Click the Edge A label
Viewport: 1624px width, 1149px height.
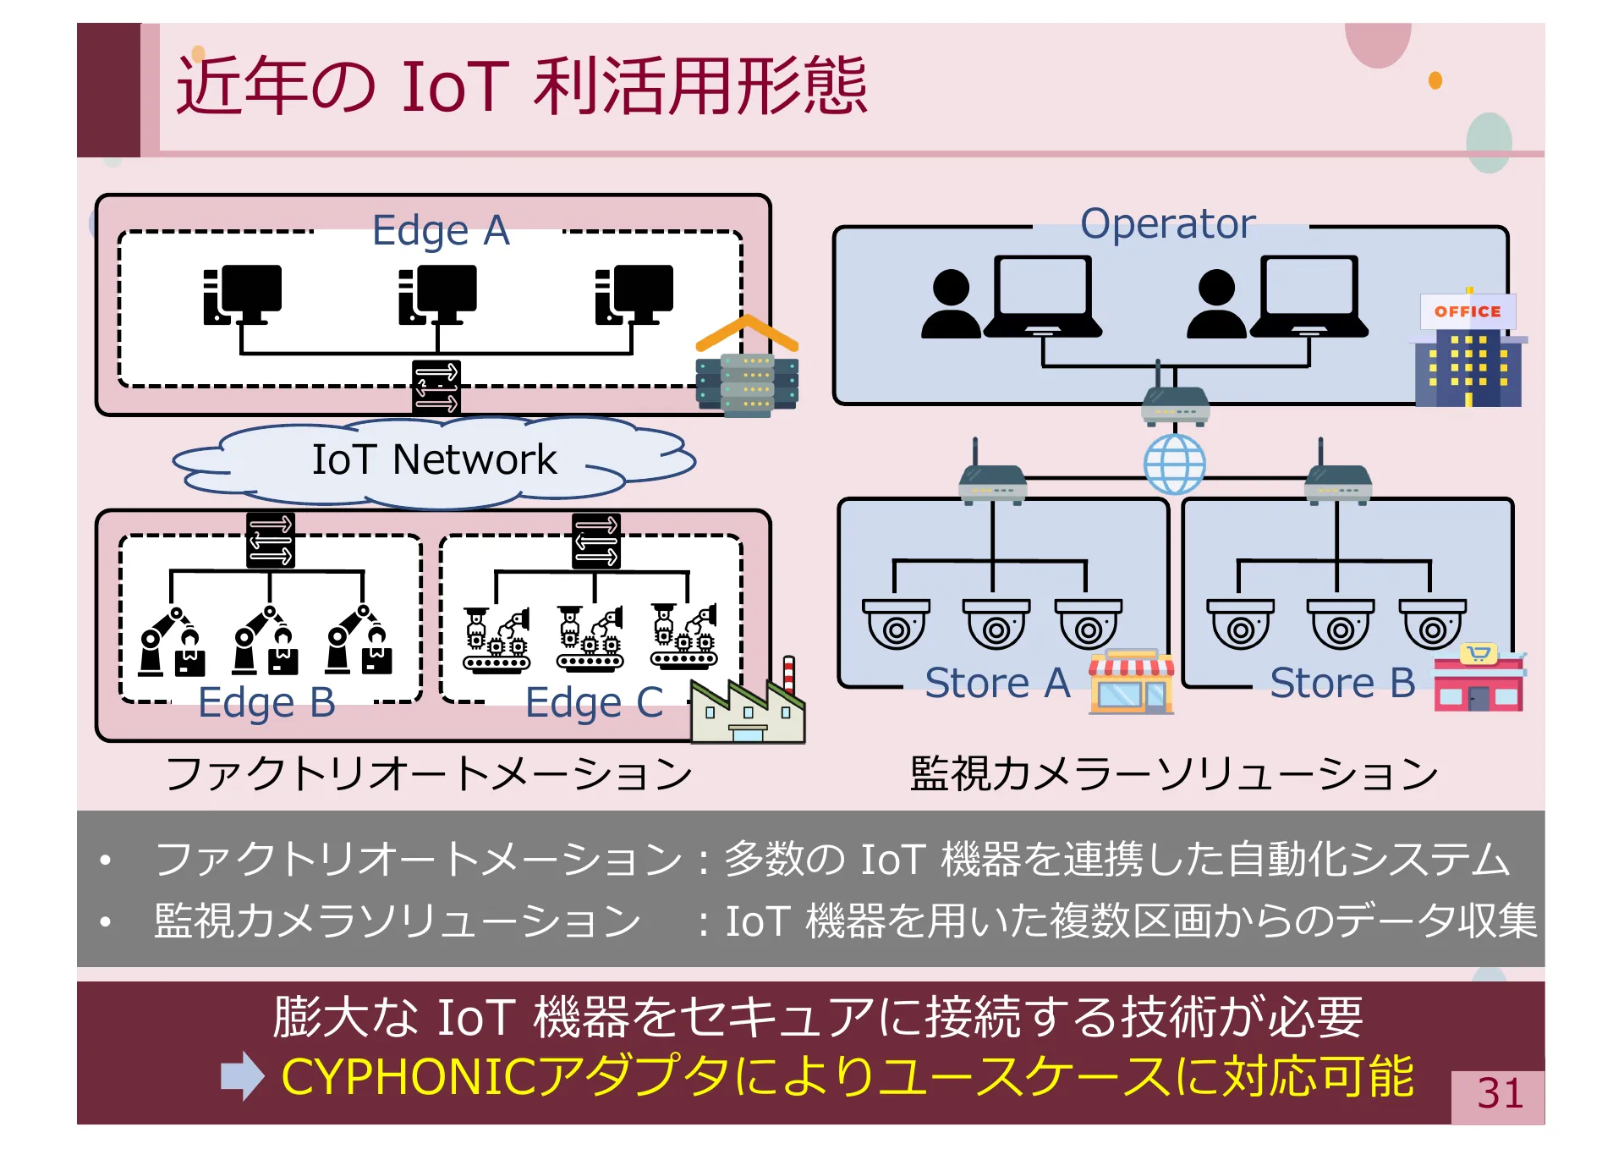(x=441, y=231)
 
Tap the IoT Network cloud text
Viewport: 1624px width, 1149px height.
(x=434, y=459)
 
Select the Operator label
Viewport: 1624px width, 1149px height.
(x=1167, y=224)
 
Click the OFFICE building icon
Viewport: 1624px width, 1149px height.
(x=1469, y=350)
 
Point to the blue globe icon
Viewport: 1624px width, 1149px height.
(x=1174, y=465)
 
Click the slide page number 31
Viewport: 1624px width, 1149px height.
(x=1499, y=1094)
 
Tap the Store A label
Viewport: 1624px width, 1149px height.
(x=997, y=683)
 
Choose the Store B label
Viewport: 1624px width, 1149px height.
(x=1342, y=683)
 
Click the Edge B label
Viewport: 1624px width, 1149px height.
(x=266, y=702)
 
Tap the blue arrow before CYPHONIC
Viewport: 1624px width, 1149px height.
(x=243, y=1076)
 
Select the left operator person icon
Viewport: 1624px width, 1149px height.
(x=951, y=305)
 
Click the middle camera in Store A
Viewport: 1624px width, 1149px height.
(x=996, y=624)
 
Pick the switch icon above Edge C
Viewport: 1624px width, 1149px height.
(x=595, y=541)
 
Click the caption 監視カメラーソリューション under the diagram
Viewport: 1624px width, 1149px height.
(x=1173, y=773)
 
